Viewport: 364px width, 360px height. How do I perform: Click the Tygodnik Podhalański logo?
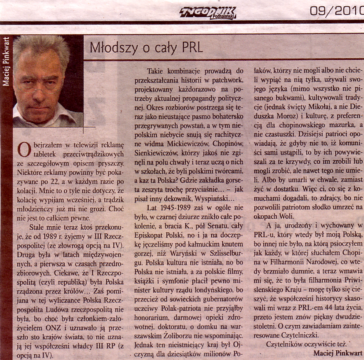pos(208,13)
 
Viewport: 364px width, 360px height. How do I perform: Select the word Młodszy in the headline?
pos(110,48)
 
